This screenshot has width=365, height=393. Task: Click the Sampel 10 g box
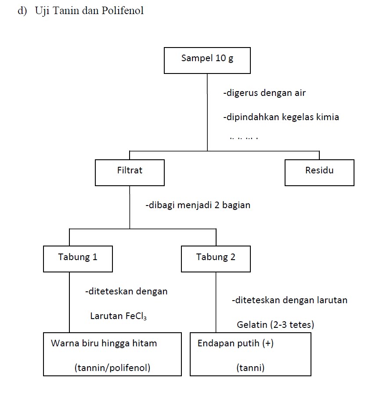pos(207,60)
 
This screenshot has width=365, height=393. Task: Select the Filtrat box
pos(130,172)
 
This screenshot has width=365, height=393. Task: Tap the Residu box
pos(319,172)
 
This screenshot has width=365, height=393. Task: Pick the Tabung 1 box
pos(78,259)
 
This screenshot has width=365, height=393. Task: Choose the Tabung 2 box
pos(216,259)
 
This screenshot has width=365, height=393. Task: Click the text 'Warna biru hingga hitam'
pos(104,343)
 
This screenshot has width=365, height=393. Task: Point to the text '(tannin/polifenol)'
pos(112,368)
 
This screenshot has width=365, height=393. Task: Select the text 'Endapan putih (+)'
pos(235,343)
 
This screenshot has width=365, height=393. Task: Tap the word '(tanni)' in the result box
pos(250,368)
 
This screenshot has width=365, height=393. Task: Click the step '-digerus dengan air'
pos(264,93)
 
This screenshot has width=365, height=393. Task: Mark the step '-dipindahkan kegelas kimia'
pos(281,118)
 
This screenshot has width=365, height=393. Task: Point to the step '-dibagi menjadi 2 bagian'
pos(198,205)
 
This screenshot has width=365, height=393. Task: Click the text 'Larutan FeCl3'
pos(118,316)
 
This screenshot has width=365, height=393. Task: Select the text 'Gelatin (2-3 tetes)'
pos(275,325)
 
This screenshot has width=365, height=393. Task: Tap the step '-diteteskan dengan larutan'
pos(290,301)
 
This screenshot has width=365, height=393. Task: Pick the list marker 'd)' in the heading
pos(22,11)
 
